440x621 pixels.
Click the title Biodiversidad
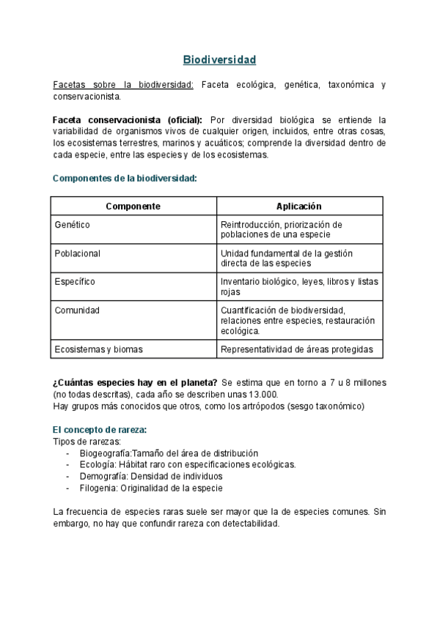coord(219,59)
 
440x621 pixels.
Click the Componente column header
coord(133,207)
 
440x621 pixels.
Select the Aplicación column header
coord(299,207)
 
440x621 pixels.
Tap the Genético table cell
coord(73,225)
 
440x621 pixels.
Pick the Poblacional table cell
coord(78,253)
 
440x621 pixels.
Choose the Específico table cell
coord(75,281)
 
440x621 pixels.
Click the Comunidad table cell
coord(77,310)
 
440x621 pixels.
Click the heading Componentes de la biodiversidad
coord(125,179)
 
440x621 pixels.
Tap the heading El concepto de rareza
coord(105,430)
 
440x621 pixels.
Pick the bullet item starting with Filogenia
coord(151,488)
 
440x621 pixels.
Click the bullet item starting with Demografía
coord(150,476)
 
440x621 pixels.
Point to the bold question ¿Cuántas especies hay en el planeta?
coord(135,382)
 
